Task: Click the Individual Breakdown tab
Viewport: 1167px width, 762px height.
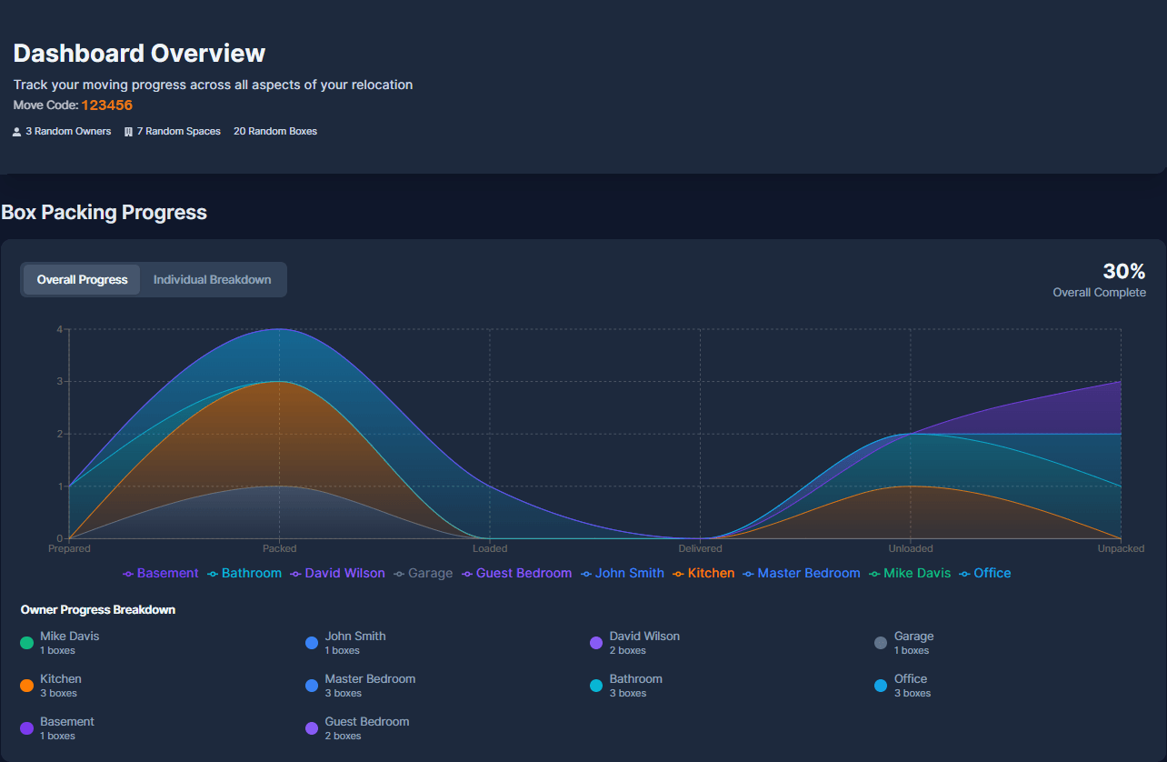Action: [x=212, y=280]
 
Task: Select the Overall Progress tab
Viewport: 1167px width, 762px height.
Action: [x=82, y=280]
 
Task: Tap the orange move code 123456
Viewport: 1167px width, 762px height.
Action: [x=106, y=105]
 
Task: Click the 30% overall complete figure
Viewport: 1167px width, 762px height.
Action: [x=1123, y=271]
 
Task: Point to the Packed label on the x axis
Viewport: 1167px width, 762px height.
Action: [x=279, y=548]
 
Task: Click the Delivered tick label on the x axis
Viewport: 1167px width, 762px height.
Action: [x=700, y=548]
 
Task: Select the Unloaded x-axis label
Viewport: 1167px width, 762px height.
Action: [x=910, y=548]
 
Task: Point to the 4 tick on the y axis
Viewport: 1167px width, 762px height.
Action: [x=59, y=329]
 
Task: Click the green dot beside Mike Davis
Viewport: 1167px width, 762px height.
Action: [x=27, y=643]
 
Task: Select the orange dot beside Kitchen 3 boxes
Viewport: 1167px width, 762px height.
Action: [x=27, y=686]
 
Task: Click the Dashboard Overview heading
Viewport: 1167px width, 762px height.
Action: [x=139, y=54]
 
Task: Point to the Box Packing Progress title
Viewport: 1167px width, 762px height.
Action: [x=104, y=213]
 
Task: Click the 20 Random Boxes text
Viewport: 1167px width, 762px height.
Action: [x=275, y=132]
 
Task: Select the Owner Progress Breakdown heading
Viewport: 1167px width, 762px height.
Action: [x=98, y=610]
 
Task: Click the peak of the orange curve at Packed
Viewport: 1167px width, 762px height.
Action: [x=279, y=382]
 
